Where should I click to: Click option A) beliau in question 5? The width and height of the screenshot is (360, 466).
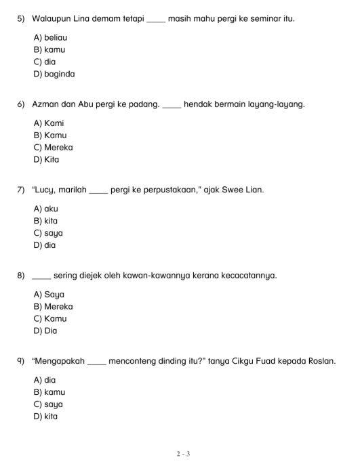(50, 38)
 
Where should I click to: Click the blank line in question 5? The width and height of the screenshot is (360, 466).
(155, 20)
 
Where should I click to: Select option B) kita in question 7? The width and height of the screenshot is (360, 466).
(45, 221)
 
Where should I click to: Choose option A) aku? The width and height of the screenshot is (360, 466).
(45, 209)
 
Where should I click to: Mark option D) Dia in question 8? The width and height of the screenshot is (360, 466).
(45, 331)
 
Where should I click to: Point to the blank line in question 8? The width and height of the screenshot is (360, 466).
(41, 278)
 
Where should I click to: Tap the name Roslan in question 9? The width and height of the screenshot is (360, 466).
(321, 361)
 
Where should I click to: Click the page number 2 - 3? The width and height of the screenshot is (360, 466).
(180, 454)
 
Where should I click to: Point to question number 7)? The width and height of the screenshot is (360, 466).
(21, 190)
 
